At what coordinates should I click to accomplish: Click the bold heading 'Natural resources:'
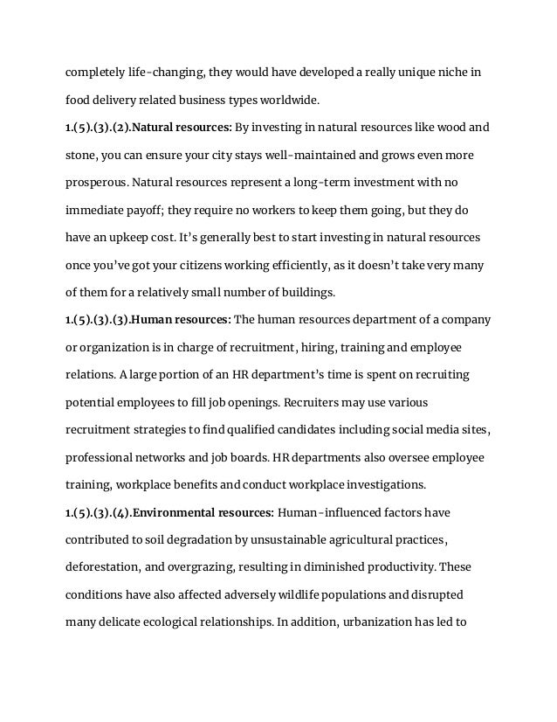[x=182, y=128]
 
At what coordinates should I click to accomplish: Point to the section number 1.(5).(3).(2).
[x=96, y=128]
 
